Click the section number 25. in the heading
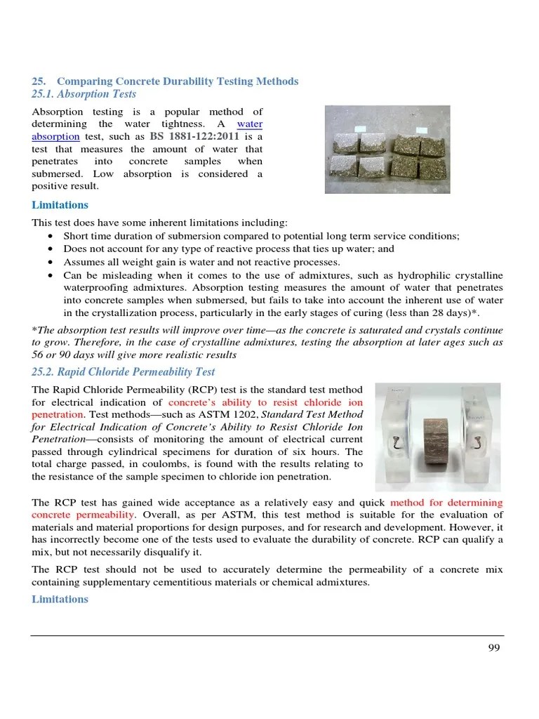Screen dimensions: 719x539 (x=39, y=81)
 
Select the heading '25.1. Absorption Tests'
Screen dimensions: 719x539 (x=84, y=94)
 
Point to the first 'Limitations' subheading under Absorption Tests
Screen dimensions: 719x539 (x=60, y=205)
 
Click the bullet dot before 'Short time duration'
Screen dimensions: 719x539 (x=51, y=237)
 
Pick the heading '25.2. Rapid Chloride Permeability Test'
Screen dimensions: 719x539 (x=124, y=372)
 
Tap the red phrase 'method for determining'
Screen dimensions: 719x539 (x=446, y=503)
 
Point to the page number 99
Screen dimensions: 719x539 (x=494, y=648)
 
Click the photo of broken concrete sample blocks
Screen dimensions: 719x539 (x=387, y=150)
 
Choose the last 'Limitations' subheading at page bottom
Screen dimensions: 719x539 (x=60, y=599)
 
